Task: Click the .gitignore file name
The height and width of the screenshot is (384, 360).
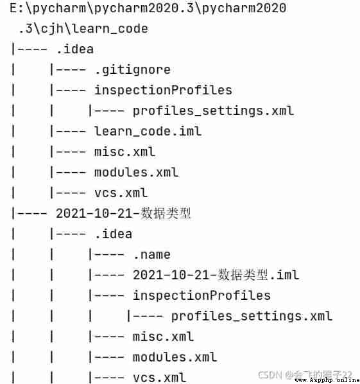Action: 132,70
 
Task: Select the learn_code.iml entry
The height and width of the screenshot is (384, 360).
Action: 148,131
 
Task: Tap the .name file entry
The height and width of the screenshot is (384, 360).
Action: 151,255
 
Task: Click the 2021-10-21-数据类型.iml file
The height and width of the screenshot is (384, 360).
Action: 216,275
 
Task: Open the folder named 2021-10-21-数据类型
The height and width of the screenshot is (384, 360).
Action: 123,213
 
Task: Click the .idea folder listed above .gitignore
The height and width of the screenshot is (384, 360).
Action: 75,49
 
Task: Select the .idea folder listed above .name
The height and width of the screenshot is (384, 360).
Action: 114,234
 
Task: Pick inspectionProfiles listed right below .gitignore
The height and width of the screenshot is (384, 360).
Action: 163,91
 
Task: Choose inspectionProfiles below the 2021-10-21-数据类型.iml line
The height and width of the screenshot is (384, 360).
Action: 202,295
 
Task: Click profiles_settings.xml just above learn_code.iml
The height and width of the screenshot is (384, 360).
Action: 213,111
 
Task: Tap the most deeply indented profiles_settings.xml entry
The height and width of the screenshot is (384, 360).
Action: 252,316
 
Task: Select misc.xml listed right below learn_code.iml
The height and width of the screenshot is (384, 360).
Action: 125,152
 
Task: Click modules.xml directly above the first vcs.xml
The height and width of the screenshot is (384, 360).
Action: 136,172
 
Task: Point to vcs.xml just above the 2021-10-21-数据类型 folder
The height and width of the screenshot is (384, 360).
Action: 121,193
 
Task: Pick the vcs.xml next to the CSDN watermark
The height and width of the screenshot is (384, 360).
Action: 159,378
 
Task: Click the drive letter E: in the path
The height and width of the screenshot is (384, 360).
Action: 17,8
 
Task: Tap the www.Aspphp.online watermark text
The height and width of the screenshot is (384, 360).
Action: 327,380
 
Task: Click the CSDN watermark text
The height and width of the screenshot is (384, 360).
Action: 270,375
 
